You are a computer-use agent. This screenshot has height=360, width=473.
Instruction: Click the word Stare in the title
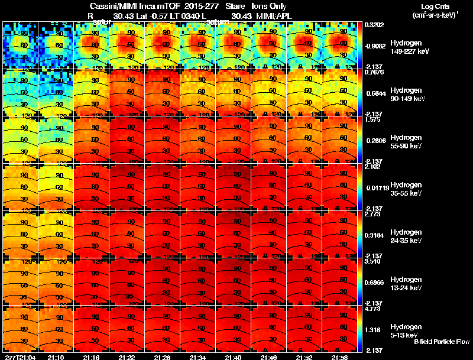(235, 6)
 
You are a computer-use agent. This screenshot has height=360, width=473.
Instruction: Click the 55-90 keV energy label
(406, 146)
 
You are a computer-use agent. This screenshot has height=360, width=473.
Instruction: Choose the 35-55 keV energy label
(406, 193)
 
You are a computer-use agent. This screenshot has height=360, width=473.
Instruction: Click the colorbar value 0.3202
(374, 25)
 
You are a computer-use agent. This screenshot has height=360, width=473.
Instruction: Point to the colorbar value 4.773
(374, 309)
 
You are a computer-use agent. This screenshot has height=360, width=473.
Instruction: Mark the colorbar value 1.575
(372, 119)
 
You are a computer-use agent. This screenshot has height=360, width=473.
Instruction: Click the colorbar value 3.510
(374, 261)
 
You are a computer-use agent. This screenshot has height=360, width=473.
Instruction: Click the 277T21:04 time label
(20, 357)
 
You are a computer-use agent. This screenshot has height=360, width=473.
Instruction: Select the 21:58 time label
(339, 357)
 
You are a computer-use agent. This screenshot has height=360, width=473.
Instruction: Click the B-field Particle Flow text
(442, 342)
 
